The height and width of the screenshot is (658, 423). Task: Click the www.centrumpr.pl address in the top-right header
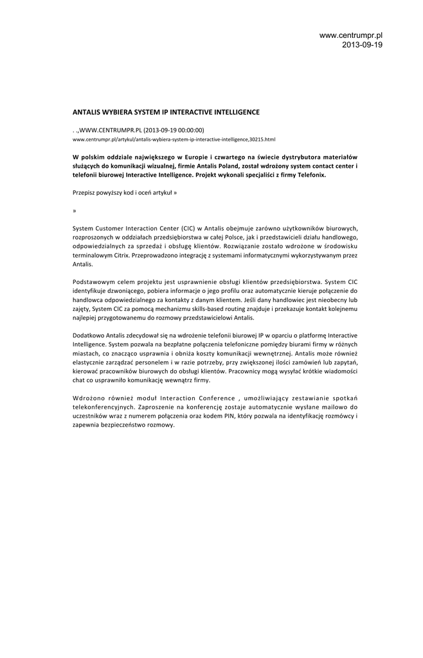[350, 35]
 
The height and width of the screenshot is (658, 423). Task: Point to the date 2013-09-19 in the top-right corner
[362, 45]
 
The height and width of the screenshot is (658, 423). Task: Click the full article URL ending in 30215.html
[174, 139]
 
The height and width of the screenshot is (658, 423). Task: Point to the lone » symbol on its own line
[75, 210]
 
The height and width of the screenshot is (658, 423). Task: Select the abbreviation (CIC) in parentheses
[188, 228]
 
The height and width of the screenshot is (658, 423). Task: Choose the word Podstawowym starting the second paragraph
[95, 281]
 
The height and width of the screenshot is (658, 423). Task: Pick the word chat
[79, 380]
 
